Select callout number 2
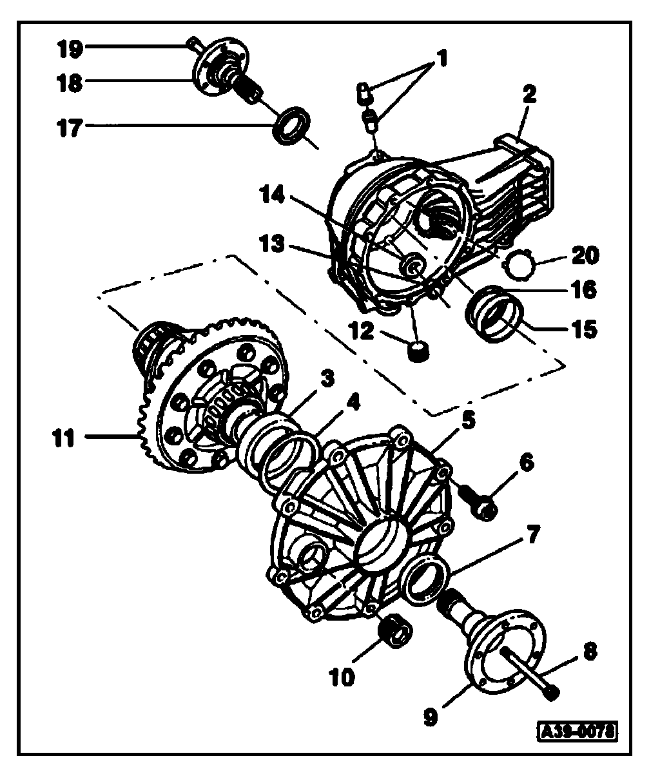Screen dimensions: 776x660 [529, 96]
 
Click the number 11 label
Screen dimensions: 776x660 [65, 440]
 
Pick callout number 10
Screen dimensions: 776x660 [342, 677]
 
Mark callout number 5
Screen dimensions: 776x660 [467, 421]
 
